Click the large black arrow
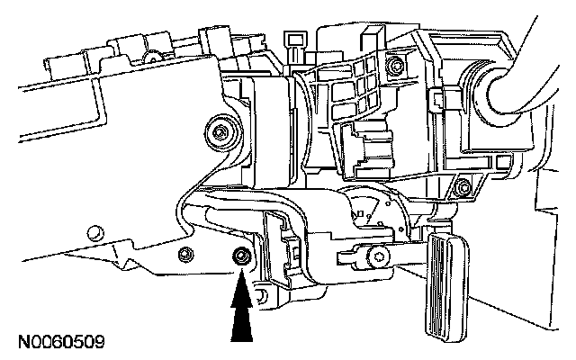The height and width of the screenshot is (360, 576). pos(241,310)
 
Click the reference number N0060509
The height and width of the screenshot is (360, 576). pos(59,342)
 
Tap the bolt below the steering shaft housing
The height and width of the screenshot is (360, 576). pos(462,188)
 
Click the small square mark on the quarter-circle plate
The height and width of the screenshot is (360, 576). pos(362,213)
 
